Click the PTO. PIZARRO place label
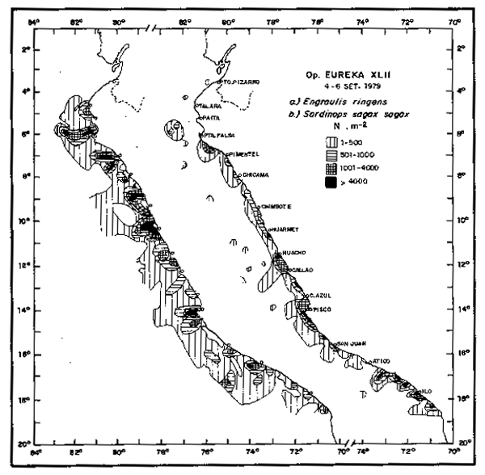click(240, 82)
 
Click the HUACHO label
click(293, 252)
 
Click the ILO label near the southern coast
click(428, 391)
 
